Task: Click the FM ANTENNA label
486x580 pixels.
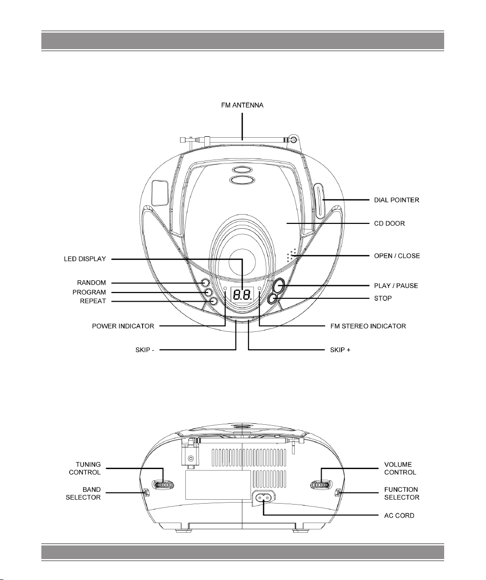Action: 242,106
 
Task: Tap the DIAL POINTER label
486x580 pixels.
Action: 396,200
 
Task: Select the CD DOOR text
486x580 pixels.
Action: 390,223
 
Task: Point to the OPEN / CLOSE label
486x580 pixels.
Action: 397,256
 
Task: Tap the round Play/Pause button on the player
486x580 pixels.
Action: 278,285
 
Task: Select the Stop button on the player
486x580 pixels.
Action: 273,298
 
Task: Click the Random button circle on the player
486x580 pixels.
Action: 205,283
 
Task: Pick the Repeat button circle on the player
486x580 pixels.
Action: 214,301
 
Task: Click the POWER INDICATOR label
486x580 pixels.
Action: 123,326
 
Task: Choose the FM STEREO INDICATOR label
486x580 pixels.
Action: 368,326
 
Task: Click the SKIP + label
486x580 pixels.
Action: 340,350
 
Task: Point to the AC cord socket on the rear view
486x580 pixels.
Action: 264,498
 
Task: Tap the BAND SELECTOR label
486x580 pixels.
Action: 83,493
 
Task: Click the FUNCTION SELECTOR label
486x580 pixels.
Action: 402,493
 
